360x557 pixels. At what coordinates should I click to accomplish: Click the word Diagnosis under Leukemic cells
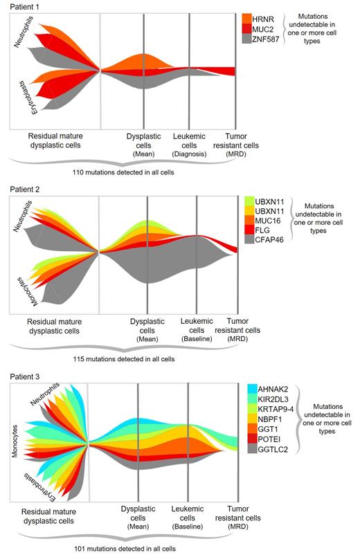pos(194,155)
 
